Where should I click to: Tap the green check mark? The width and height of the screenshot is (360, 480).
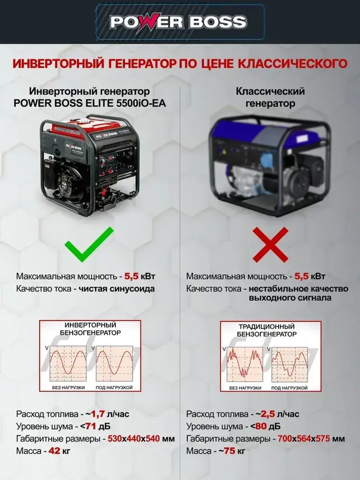88,245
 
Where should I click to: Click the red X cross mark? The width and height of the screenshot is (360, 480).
270,245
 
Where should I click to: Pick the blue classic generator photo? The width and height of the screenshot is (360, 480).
270,166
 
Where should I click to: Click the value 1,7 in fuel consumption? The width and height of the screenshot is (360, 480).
100,414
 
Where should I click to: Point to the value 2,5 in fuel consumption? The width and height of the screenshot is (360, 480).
270,414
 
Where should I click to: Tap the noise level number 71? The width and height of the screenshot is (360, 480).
90,426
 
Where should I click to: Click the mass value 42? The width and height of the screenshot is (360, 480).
54,451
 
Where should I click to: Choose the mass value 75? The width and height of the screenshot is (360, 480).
229,451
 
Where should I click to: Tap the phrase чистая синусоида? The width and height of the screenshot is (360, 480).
117,289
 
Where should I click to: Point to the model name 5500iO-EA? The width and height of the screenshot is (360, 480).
141,103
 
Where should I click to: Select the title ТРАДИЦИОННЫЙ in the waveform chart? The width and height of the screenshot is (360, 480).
266,327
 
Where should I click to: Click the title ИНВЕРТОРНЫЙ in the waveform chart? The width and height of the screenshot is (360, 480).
90,325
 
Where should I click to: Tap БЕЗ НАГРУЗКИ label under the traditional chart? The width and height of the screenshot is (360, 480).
245,388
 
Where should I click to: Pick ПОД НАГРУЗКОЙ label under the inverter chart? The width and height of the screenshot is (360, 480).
114,387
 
